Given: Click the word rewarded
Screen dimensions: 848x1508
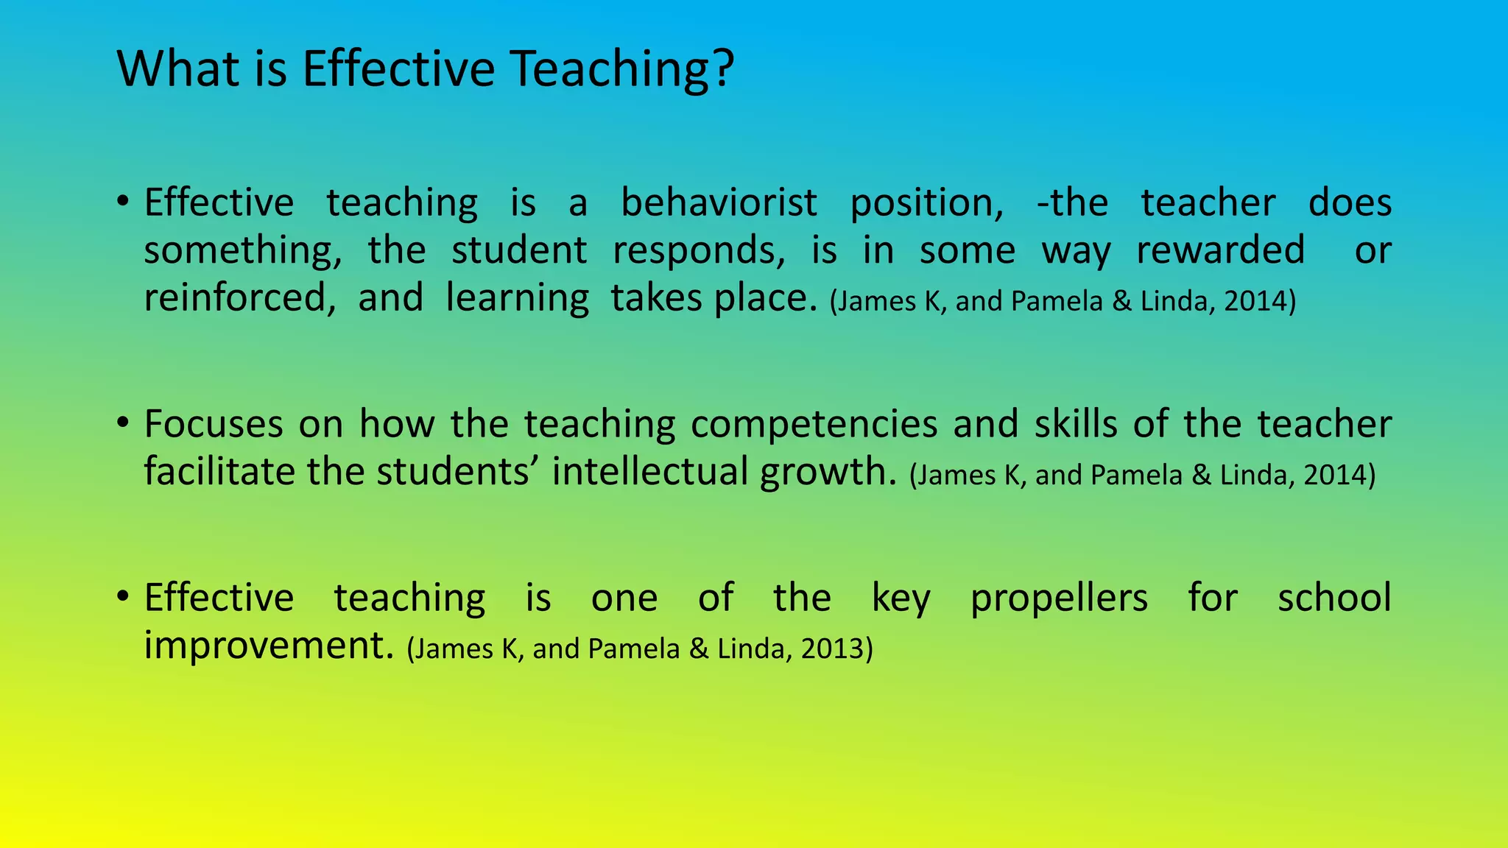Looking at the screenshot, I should [1220, 250].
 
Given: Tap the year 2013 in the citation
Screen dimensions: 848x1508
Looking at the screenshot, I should [832, 649].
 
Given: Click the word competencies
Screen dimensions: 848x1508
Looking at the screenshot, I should [814, 424].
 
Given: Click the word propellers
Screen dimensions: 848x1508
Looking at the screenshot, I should [1059, 598].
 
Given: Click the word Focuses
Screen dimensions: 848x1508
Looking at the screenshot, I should [214, 424].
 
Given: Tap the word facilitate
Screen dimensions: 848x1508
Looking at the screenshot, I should [218, 471].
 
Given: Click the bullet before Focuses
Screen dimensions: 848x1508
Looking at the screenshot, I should [123, 423].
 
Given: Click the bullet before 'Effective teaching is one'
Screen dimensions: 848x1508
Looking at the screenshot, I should [123, 596].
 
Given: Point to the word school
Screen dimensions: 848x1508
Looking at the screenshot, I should [1334, 597].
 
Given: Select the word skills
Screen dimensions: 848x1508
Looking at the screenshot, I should [1076, 424].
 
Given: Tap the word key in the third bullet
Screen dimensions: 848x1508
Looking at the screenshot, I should [901, 598].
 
